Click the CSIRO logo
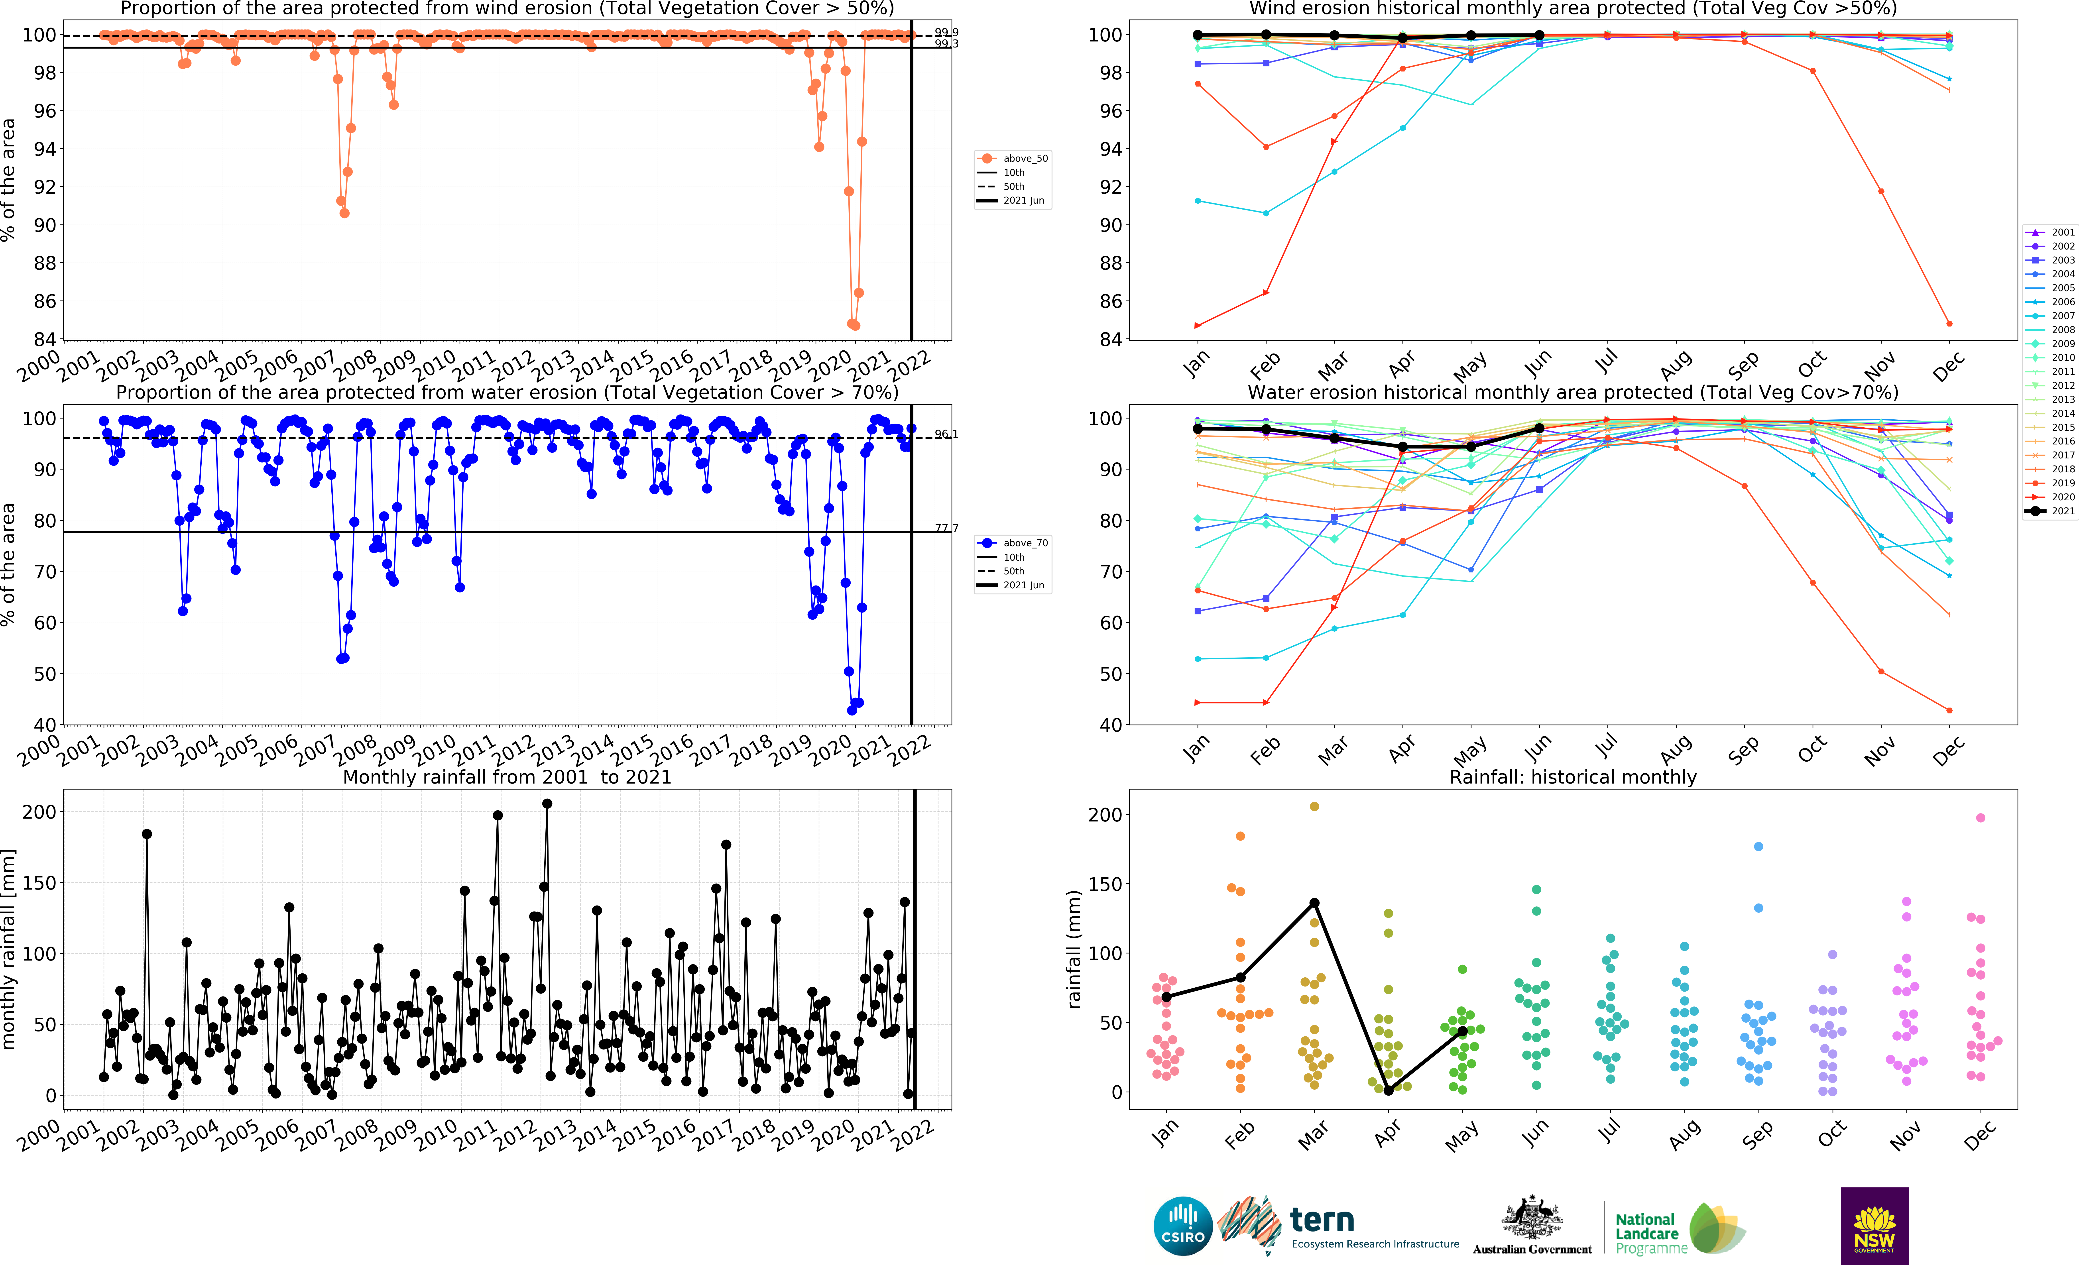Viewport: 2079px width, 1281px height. point(1183,1226)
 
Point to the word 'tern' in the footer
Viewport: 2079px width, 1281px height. point(1322,1221)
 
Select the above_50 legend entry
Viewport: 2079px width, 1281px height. point(1014,158)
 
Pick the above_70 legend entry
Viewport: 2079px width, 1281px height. point(1014,543)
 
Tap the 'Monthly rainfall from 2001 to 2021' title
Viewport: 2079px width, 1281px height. point(507,777)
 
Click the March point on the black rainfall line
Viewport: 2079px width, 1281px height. point(1314,903)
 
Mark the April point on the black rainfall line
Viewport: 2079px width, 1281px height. point(1388,1090)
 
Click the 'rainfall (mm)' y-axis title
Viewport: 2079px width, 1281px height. point(1074,949)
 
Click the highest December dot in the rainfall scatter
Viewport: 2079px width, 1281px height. point(1980,817)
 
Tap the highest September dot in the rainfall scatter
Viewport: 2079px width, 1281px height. point(1758,846)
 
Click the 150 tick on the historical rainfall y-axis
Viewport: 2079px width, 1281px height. point(1104,884)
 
